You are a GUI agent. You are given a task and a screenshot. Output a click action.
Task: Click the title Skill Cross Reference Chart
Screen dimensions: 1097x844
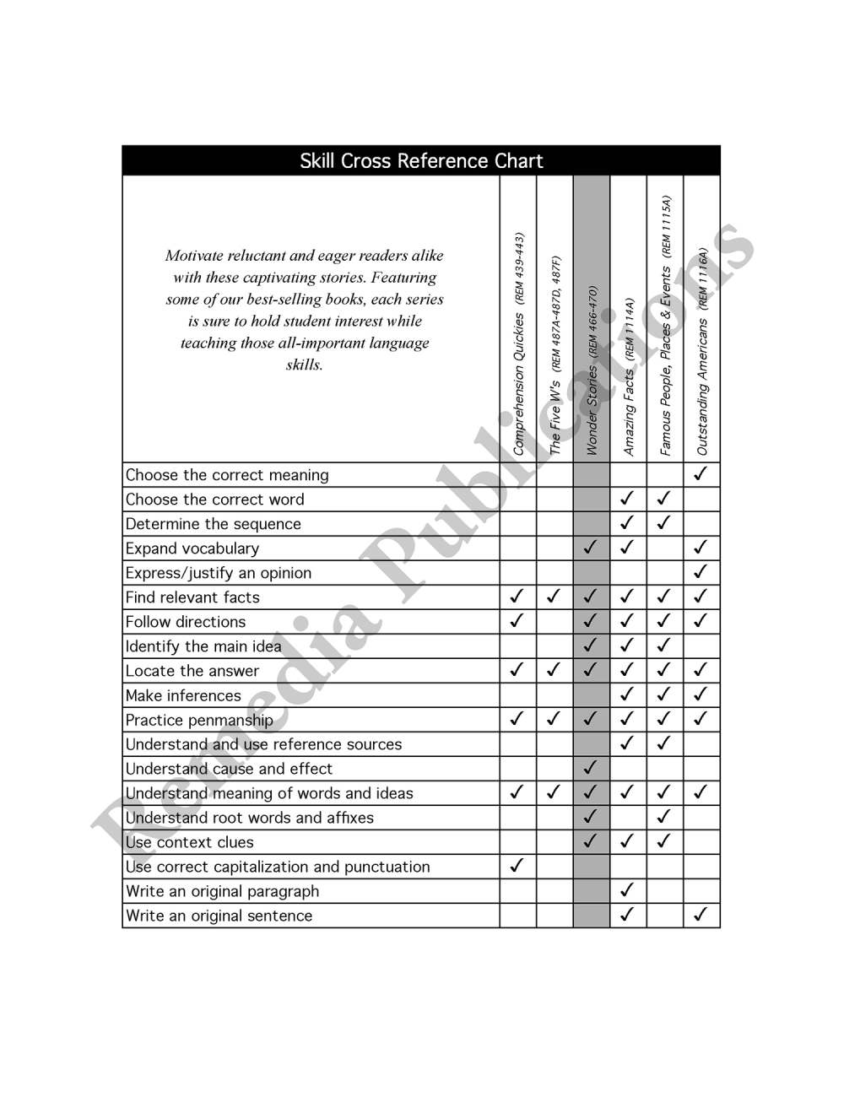[x=421, y=161]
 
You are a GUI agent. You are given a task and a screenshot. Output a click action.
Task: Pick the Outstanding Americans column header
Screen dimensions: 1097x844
[x=702, y=352]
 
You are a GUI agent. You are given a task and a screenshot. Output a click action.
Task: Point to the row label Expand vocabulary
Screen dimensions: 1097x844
[x=192, y=548]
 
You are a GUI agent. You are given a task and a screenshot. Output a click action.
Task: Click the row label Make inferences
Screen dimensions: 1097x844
[x=183, y=695]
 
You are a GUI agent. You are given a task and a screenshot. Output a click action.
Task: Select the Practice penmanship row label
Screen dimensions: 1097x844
[x=199, y=720]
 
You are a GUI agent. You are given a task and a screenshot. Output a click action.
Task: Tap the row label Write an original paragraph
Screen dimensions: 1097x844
[x=222, y=891]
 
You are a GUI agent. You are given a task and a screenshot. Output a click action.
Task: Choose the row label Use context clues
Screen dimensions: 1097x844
[x=189, y=842]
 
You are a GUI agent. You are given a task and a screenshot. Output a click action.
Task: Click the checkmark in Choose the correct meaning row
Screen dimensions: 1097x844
[x=700, y=474]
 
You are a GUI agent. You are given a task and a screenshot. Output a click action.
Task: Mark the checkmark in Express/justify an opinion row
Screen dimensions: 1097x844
[x=700, y=572]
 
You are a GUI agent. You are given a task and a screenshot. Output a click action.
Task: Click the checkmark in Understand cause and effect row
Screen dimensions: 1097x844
[x=591, y=768]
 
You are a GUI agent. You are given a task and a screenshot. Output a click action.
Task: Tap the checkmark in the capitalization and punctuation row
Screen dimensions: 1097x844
[x=517, y=866]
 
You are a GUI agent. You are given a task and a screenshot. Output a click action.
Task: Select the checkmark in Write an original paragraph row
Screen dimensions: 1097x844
[x=627, y=890]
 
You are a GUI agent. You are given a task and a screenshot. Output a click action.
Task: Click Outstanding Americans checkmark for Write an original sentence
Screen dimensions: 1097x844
[x=700, y=915]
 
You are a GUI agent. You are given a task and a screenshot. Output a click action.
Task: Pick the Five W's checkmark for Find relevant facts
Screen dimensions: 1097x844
[x=554, y=597]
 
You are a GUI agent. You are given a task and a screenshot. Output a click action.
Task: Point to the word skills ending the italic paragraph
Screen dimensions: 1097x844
[x=304, y=365]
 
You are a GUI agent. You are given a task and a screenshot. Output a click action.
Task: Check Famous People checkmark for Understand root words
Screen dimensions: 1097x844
[x=664, y=817]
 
